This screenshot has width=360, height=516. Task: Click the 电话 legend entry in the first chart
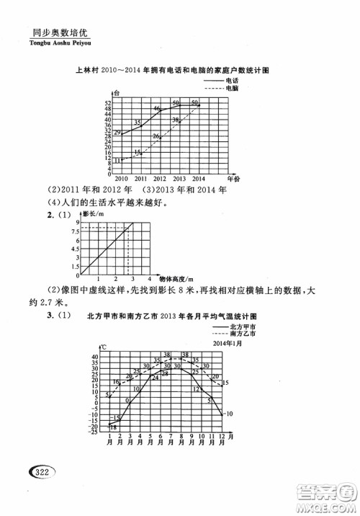(x=233, y=81)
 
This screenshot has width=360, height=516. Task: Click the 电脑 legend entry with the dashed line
(x=233, y=89)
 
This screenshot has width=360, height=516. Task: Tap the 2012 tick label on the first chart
(x=159, y=179)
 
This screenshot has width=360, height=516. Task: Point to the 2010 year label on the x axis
(x=120, y=179)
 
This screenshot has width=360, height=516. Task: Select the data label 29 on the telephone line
(x=117, y=132)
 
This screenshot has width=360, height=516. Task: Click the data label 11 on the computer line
(x=117, y=160)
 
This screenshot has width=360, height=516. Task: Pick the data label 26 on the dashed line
(x=156, y=136)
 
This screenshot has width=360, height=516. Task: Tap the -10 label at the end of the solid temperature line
(x=228, y=413)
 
